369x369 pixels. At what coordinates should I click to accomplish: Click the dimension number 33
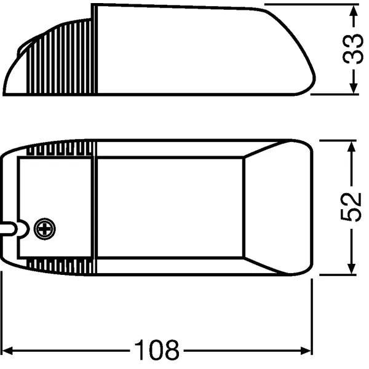tap(353, 50)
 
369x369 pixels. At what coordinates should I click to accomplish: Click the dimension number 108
tap(157, 351)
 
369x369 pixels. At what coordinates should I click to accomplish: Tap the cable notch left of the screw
tap(23, 229)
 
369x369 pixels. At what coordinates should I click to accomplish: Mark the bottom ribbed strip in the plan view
tap(61, 266)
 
